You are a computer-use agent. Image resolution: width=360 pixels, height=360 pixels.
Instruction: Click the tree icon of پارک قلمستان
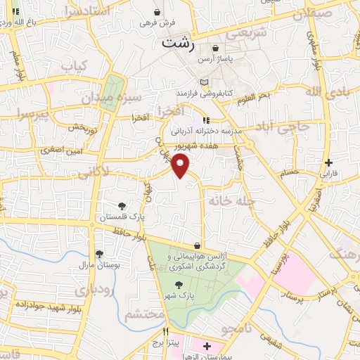(x=122, y=206)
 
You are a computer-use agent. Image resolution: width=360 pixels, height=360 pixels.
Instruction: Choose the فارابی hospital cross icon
(x=328, y=162)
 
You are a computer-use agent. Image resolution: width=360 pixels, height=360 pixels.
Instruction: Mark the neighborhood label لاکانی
(x=94, y=170)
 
